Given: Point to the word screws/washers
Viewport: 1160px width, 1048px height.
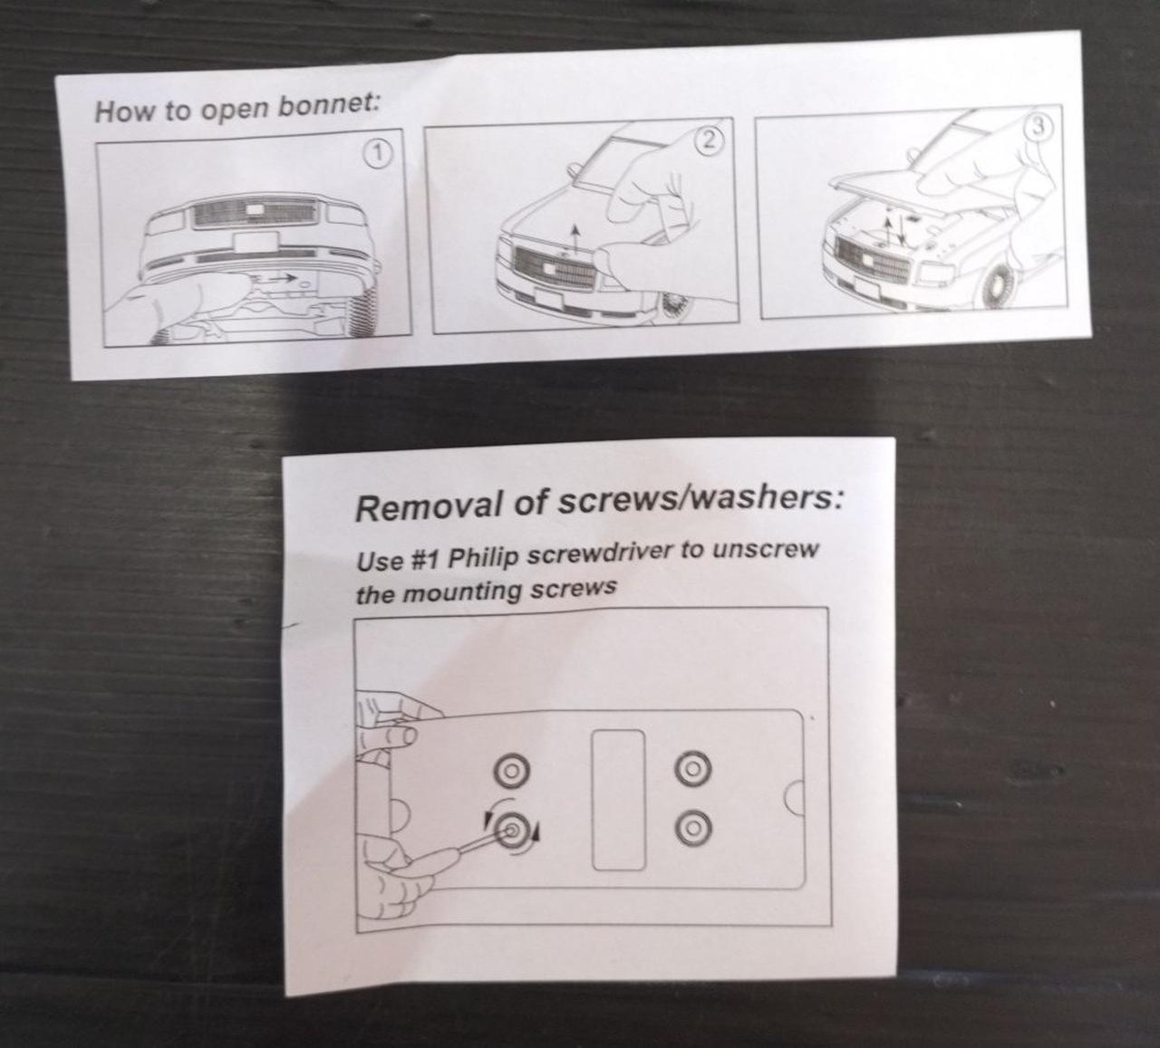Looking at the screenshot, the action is coord(699,499).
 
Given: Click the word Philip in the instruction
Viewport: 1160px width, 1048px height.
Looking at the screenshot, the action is coord(484,558).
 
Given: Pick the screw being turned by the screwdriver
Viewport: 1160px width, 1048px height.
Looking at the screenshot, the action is coord(512,830).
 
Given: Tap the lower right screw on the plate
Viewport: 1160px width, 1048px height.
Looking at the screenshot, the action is coord(694,828).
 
